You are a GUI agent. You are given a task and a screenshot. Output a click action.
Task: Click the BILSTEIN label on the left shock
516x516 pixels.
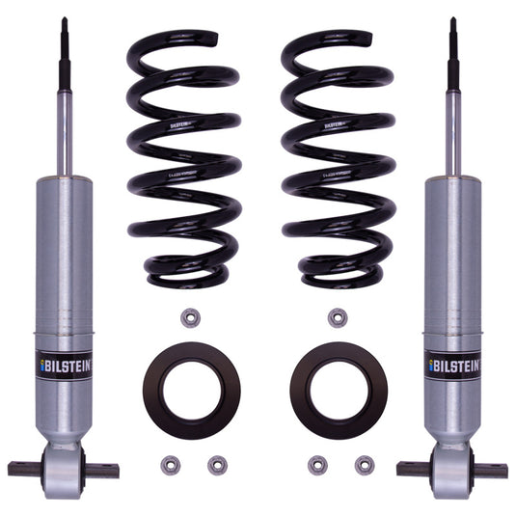[x=64, y=365]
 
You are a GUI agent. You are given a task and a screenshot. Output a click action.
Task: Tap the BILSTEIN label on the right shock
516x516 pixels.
[x=451, y=365]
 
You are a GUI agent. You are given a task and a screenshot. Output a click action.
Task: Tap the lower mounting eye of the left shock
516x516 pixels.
[x=64, y=470]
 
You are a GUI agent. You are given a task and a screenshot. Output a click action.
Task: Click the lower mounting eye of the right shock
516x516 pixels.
[x=452, y=470]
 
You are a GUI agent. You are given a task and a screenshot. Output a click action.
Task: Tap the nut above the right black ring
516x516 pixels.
[x=337, y=317]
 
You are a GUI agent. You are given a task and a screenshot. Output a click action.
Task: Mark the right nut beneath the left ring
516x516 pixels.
[x=216, y=463]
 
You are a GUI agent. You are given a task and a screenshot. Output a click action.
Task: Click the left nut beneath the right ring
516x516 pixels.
[x=317, y=463]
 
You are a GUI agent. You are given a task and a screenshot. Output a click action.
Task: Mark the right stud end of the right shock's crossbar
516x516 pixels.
[x=496, y=470]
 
